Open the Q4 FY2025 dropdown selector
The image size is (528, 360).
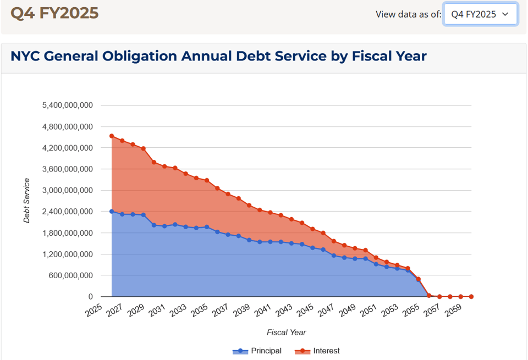480,14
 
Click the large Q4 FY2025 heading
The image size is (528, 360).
54,13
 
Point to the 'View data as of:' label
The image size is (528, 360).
408,14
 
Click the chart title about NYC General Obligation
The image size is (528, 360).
218,56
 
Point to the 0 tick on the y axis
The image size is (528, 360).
90,297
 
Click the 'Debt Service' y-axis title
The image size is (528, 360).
27,201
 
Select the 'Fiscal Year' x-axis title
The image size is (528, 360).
286,333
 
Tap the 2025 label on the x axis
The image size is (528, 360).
94,311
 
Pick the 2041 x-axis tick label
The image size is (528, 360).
263,311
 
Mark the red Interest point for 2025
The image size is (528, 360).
112,136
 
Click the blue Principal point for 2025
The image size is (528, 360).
112,211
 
